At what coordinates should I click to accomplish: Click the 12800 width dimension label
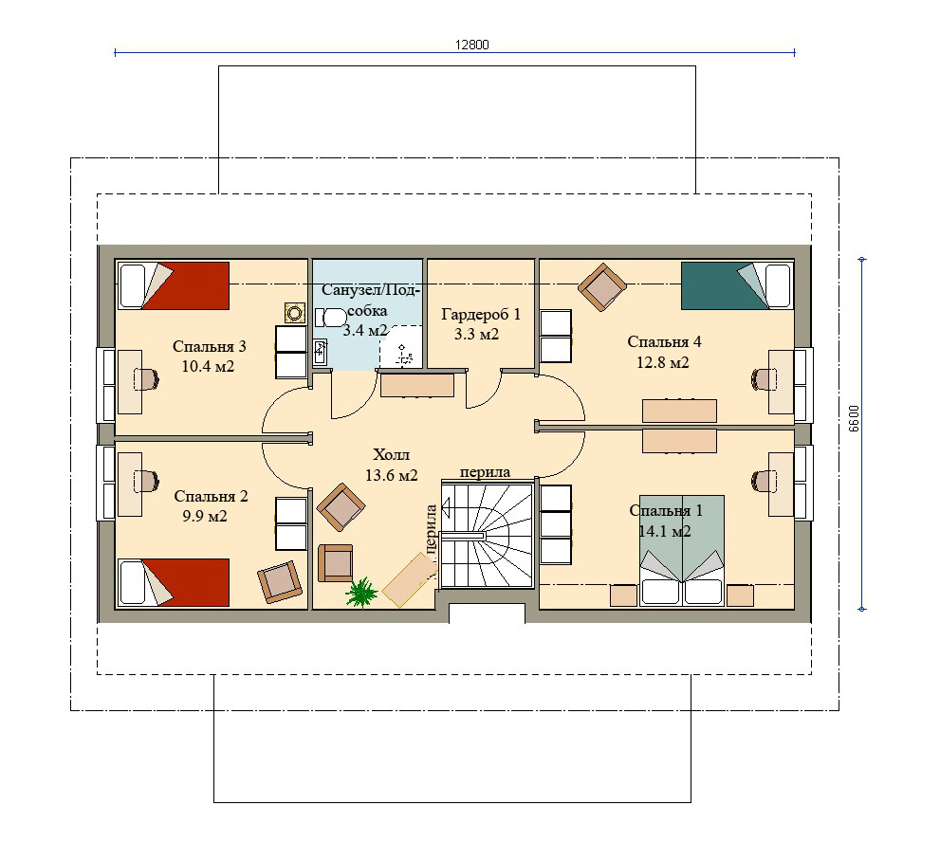point(471,45)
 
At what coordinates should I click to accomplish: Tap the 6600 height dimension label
point(855,418)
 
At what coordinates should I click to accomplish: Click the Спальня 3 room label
point(210,346)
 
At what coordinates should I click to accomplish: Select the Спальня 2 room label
point(211,496)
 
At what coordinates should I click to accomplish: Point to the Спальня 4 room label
point(664,341)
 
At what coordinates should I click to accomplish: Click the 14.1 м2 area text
point(665,531)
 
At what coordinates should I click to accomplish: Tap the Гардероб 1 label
point(481,314)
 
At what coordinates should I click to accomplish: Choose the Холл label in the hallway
point(391,453)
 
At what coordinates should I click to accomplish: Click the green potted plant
point(361,592)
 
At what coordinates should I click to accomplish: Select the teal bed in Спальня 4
point(737,285)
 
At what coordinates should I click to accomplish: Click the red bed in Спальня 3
point(174,285)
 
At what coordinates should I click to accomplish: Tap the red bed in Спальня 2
point(174,582)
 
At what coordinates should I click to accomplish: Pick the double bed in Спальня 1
point(682,550)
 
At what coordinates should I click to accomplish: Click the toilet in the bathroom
point(330,317)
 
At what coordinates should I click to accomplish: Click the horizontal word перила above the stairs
point(485,472)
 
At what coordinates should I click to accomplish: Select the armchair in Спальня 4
point(602,287)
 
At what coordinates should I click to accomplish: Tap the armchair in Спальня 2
point(280,582)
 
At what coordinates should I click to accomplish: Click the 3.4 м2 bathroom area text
point(365,330)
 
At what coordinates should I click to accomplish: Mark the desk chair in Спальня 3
point(147,379)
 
